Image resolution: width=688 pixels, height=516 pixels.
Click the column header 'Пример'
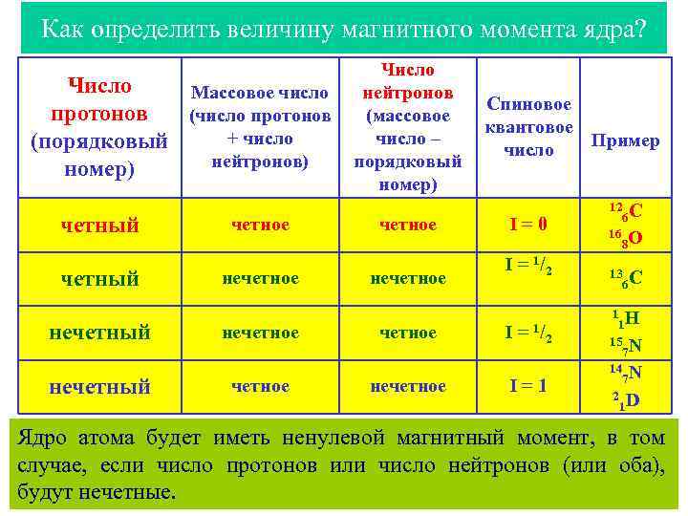pyautogui.click(x=625, y=140)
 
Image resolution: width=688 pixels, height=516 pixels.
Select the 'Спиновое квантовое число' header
pyautogui.click(x=528, y=127)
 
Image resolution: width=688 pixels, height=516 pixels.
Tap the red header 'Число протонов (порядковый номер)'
pyautogui.click(x=98, y=127)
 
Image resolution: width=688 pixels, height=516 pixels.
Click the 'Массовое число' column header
pyautogui.click(x=260, y=127)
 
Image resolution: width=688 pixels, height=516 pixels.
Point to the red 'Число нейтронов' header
pyautogui.click(x=407, y=127)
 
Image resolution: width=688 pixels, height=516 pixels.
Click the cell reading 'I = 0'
pyautogui.click(x=528, y=225)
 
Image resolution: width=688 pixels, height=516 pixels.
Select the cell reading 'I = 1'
pyautogui.click(x=528, y=386)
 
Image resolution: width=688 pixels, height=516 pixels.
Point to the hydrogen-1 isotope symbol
pyautogui.click(x=626, y=319)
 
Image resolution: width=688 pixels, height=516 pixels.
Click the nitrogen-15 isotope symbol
pyautogui.click(x=626, y=346)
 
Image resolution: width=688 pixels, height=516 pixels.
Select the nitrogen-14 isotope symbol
pyautogui.click(x=626, y=373)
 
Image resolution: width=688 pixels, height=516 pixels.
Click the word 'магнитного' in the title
pyautogui.click(x=419, y=29)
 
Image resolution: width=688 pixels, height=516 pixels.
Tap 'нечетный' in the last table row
pyautogui.click(x=100, y=387)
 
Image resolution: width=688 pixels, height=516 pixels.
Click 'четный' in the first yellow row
pyautogui.click(x=99, y=226)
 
